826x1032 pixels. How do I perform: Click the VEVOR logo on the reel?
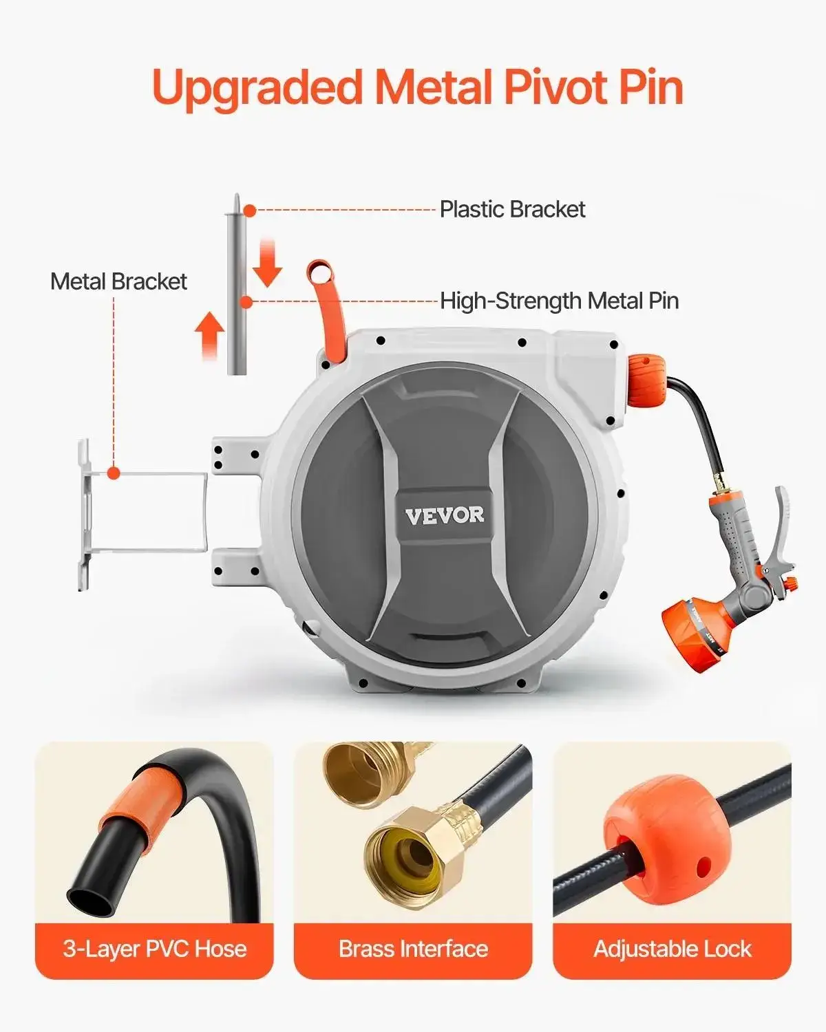[444, 515]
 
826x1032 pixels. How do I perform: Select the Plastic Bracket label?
[512, 209]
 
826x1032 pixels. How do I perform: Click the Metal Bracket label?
[118, 281]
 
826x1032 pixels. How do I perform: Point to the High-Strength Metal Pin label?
[559, 301]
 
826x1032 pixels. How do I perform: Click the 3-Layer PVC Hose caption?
[154, 949]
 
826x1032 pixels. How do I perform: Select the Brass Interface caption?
[413, 949]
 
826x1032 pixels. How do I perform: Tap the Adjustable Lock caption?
[672, 949]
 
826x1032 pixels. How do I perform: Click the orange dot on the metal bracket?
[114, 473]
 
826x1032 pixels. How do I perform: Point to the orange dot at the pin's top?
[249, 211]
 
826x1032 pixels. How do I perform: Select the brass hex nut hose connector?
[406, 846]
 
